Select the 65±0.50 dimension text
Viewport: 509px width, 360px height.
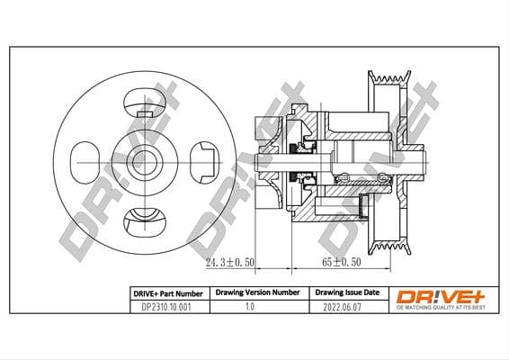[341, 264]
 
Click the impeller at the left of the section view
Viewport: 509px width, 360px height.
[267, 163]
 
